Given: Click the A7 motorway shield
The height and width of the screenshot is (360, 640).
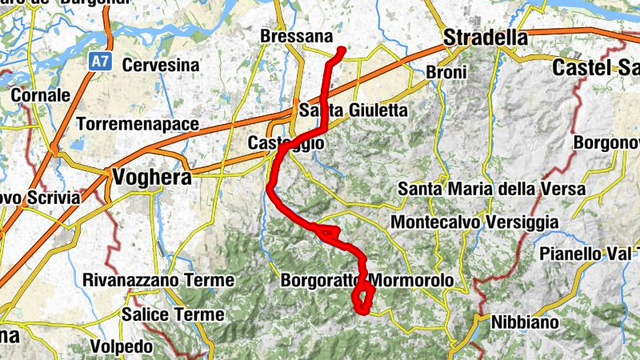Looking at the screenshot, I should pyautogui.click(x=97, y=59).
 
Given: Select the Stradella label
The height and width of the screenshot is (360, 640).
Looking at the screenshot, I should pyautogui.click(x=486, y=38).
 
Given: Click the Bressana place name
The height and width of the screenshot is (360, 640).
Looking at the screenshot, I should pyautogui.click(x=296, y=37).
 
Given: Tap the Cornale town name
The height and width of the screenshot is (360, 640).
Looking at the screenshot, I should pyautogui.click(x=40, y=94).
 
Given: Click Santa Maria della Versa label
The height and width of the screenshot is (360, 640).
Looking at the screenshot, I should pyautogui.click(x=492, y=190).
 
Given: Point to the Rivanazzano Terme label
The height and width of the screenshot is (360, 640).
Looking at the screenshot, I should pyautogui.click(x=158, y=281).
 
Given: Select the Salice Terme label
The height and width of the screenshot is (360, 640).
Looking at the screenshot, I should pyautogui.click(x=174, y=314).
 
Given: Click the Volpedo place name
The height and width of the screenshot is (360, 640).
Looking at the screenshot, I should pyautogui.click(x=121, y=347).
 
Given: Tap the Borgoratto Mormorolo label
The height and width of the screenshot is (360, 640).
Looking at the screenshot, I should pyautogui.click(x=367, y=282).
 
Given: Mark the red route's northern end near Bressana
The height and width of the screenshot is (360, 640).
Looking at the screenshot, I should pyautogui.click(x=342, y=50).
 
